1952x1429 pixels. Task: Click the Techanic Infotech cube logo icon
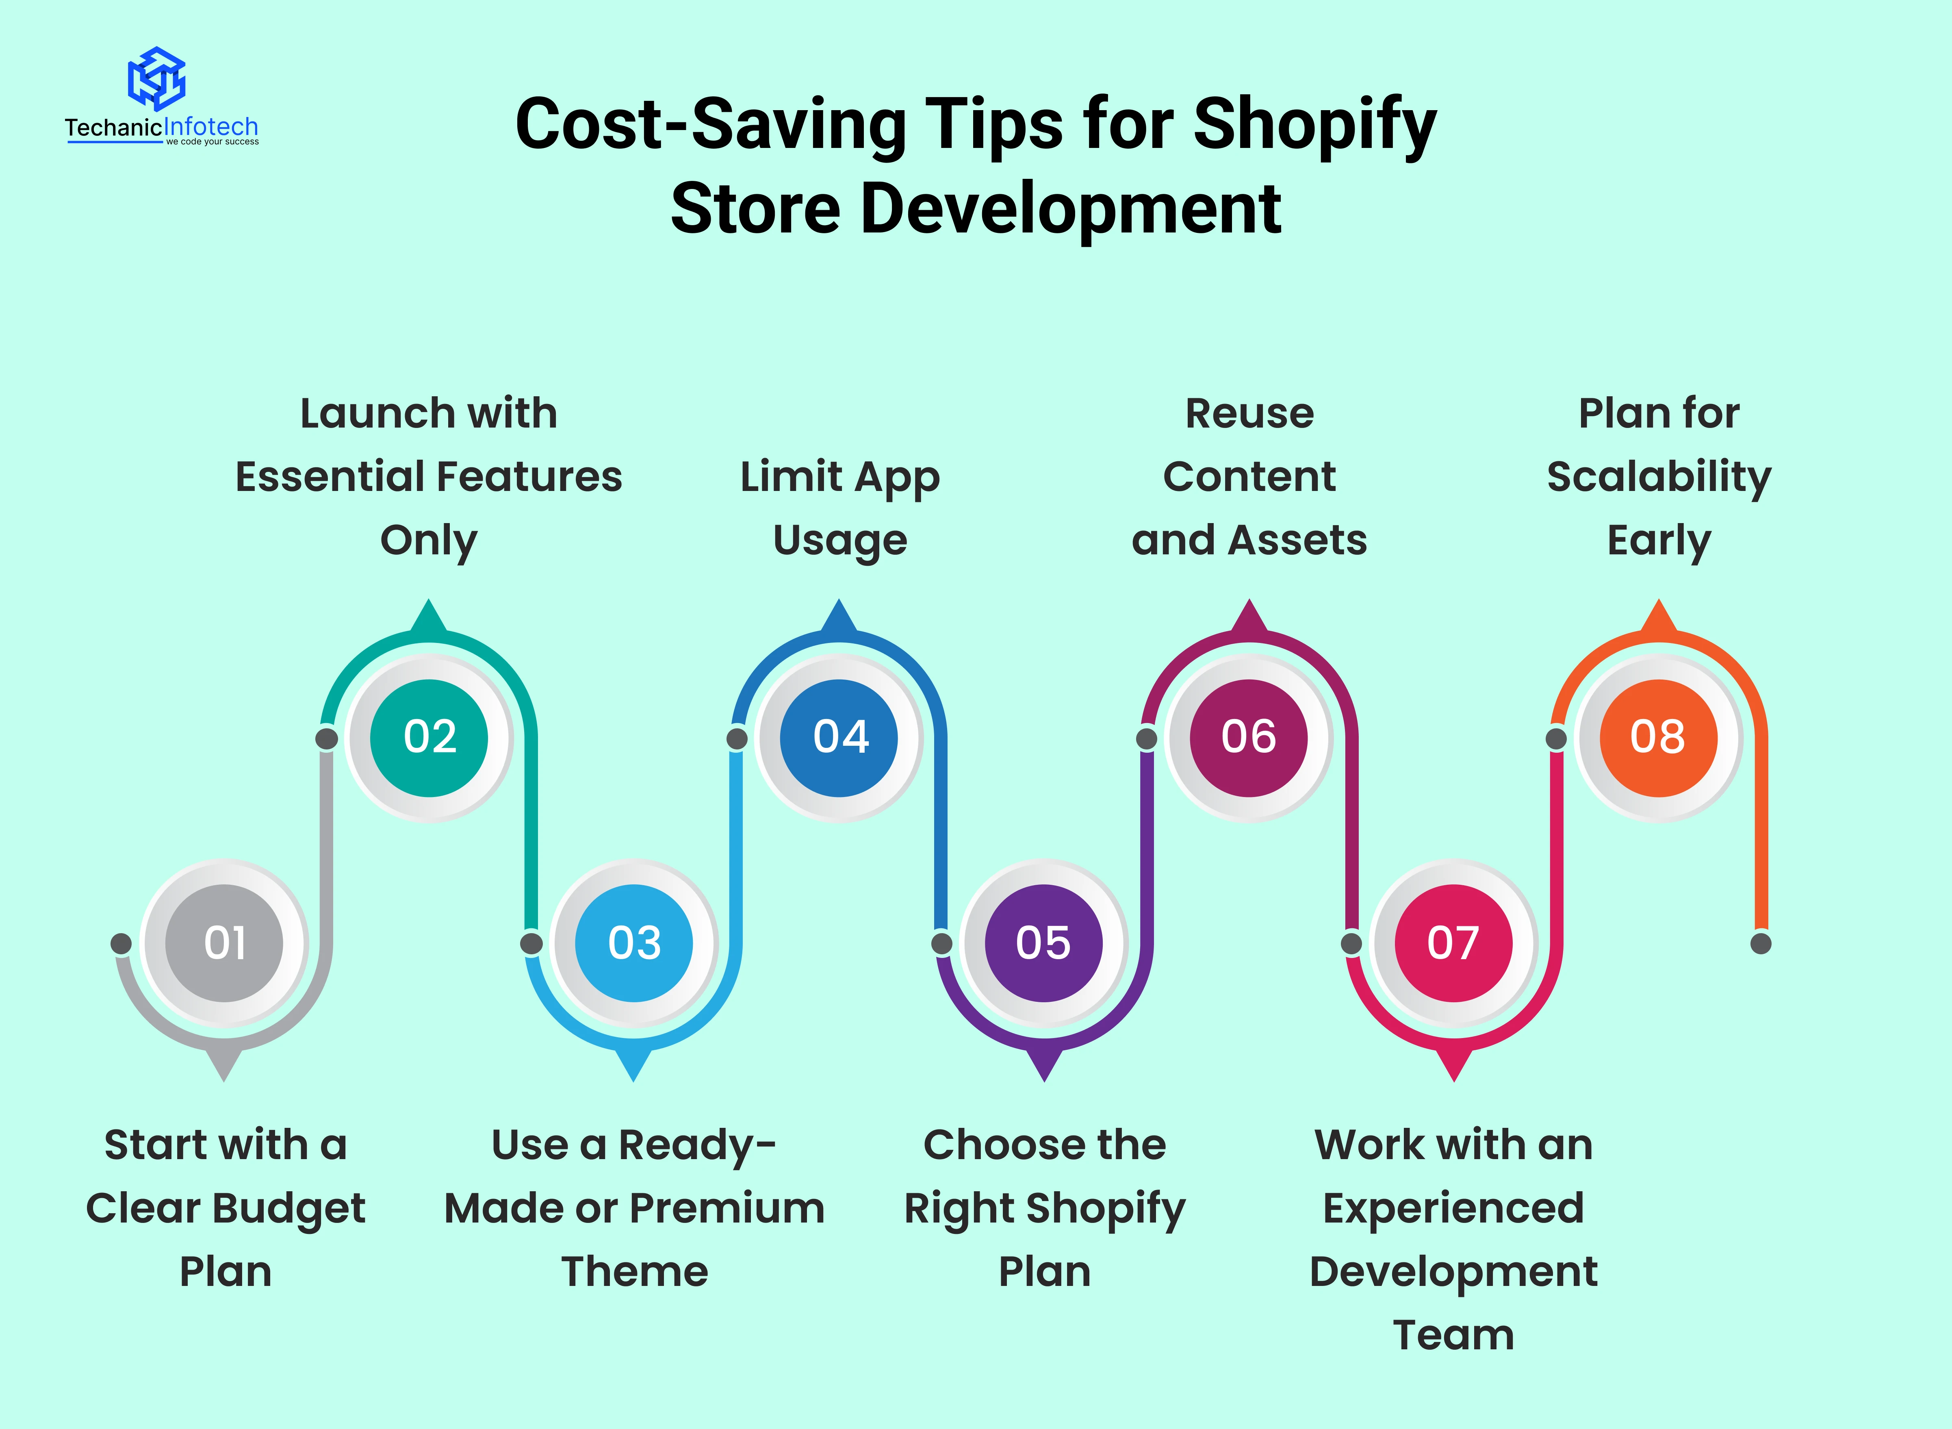click(156, 78)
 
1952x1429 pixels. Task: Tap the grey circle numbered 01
click(224, 943)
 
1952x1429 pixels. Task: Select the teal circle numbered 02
click(429, 738)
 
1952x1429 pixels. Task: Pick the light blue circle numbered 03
click(634, 943)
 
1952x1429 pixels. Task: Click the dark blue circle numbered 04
click(839, 738)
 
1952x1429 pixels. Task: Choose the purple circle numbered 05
click(1044, 943)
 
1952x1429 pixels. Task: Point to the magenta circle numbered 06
click(1249, 738)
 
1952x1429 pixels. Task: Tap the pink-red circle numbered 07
click(1454, 943)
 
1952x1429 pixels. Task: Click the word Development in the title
click(1071, 210)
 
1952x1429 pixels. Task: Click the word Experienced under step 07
click(1454, 1208)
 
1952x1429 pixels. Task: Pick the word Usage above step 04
click(840, 541)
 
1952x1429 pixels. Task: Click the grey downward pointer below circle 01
click(224, 1064)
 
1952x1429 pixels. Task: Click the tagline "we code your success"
click(212, 142)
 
